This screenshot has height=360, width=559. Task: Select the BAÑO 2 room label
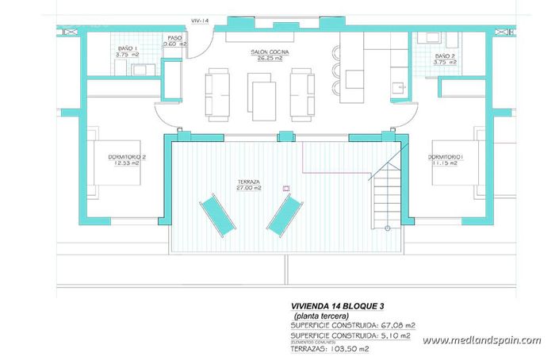(444, 58)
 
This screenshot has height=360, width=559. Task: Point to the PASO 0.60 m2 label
(174, 41)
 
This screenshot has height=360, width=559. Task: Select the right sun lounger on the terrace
(284, 215)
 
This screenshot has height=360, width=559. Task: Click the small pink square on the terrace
(286, 189)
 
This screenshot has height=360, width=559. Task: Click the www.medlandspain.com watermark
(481, 340)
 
